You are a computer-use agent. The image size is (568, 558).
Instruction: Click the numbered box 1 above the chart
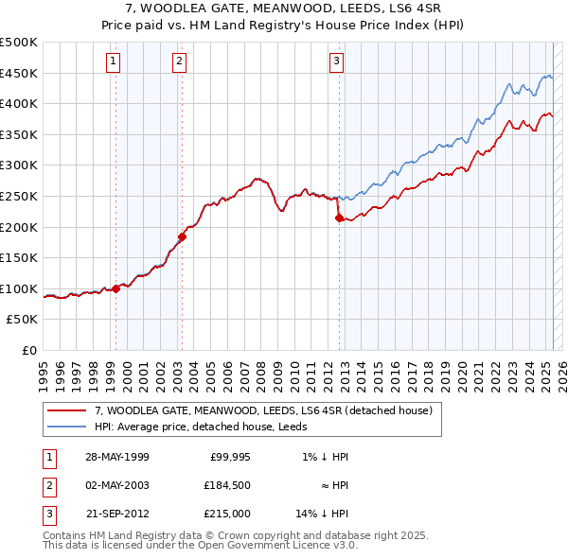point(113,62)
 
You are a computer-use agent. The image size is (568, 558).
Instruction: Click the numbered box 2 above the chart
point(179,62)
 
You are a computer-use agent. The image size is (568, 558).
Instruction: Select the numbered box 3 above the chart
point(336,62)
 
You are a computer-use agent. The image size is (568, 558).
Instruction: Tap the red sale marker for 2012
point(339,218)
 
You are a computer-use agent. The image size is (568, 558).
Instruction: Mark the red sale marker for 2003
point(182,236)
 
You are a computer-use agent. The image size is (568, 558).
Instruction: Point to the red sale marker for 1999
point(115,288)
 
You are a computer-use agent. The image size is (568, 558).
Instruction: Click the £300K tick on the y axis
point(19,166)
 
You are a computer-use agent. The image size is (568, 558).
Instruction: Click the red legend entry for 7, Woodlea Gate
point(263,410)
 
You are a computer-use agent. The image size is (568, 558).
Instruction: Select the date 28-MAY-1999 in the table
point(116,457)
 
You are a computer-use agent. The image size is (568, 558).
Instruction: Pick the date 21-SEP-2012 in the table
point(116,515)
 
